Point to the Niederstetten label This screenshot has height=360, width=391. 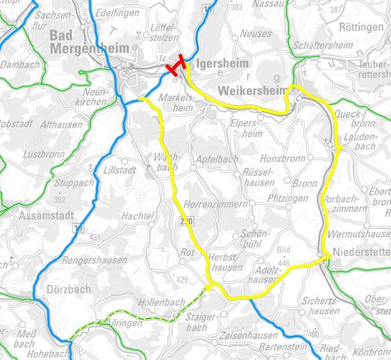point(360,252)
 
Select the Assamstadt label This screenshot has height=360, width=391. point(44,215)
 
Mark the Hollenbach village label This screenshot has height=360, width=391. point(162,303)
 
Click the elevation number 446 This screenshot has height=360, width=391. point(283,262)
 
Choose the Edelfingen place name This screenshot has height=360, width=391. point(118,13)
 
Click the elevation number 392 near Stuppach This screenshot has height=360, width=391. point(60,199)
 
